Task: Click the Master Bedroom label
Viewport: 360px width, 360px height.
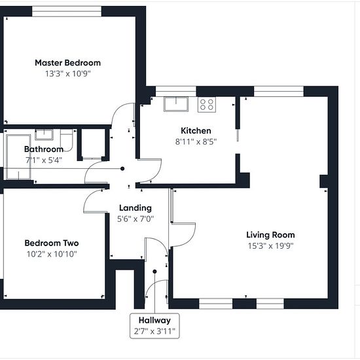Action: click(67, 63)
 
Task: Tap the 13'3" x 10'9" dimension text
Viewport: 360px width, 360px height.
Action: click(67, 74)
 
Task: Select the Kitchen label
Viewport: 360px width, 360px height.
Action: click(196, 131)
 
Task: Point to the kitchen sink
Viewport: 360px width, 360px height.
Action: click(176, 104)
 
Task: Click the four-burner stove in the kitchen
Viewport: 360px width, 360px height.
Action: click(207, 105)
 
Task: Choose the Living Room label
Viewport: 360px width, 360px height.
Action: click(270, 235)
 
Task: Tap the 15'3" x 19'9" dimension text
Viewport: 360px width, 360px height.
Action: click(270, 246)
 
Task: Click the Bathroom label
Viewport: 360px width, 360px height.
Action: click(44, 149)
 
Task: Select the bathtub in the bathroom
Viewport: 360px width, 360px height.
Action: click(18, 157)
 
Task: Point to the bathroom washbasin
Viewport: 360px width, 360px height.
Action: click(44, 135)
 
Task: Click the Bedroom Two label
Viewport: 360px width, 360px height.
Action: click(52, 243)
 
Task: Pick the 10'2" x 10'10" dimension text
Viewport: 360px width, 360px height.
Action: click(52, 254)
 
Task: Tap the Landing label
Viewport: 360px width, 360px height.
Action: click(135, 208)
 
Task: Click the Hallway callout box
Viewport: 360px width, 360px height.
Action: click(154, 326)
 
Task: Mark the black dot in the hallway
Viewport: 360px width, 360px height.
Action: click(154, 272)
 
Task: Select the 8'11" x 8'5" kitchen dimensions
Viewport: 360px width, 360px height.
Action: click(196, 141)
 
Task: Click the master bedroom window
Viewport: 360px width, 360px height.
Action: click(67, 11)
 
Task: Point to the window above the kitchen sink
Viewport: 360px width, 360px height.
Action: click(176, 92)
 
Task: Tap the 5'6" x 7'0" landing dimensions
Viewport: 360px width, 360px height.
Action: click(135, 219)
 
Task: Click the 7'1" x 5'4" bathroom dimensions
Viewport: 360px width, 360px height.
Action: click(44, 160)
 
